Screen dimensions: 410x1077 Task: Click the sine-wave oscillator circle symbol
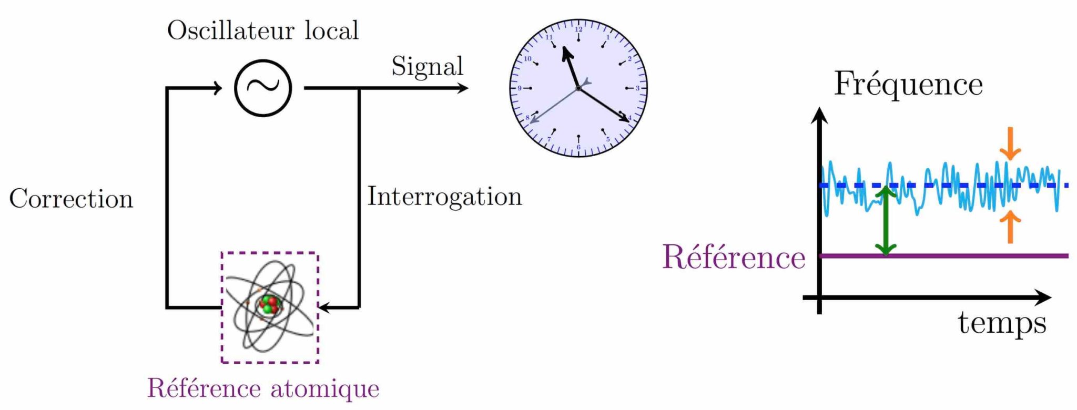pyautogui.click(x=263, y=88)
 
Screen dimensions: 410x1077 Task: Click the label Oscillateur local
pyautogui.click(x=263, y=30)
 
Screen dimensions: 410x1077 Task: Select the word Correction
pyautogui.click(x=71, y=199)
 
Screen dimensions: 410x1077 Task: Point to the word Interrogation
pyautogui.click(x=444, y=197)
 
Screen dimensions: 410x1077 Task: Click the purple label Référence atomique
pyautogui.click(x=263, y=388)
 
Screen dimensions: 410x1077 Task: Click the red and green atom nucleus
pyautogui.click(x=269, y=304)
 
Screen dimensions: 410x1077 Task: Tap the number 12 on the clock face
pyautogui.click(x=578, y=29)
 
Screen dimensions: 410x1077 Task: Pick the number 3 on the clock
pyautogui.click(x=637, y=88)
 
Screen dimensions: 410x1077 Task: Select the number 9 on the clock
pyautogui.click(x=520, y=88)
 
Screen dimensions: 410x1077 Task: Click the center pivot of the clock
pyautogui.click(x=578, y=88)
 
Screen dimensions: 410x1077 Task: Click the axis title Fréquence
pyautogui.click(x=908, y=84)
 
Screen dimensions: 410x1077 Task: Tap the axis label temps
pyautogui.click(x=1002, y=323)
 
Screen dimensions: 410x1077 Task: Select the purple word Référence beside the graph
pyautogui.click(x=734, y=257)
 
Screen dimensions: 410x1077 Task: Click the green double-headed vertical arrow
pyautogui.click(x=886, y=221)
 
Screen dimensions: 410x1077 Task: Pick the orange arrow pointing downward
pyautogui.click(x=1010, y=145)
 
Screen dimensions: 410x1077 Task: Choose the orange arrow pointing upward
pyautogui.click(x=1010, y=226)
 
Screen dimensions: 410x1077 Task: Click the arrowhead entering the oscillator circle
pyautogui.click(x=217, y=88)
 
